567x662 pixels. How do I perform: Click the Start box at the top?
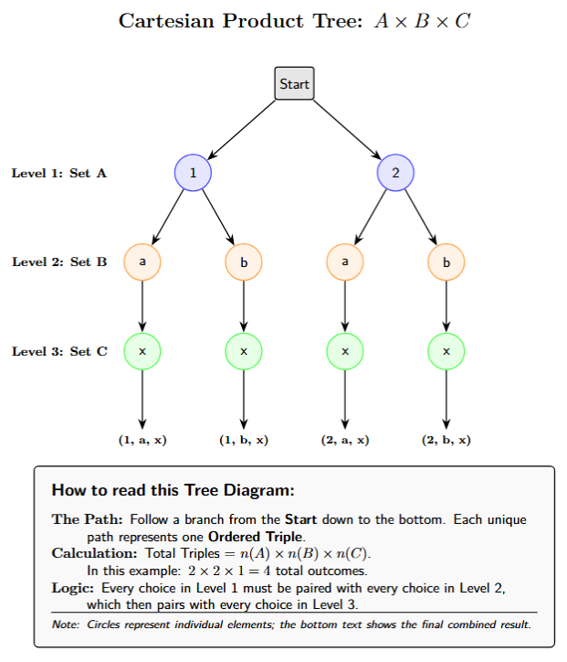pos(294,84)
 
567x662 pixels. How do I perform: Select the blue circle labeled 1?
pos(193,173)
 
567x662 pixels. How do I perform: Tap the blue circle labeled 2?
pos(395,173)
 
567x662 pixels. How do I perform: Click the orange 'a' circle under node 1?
pos(142,262)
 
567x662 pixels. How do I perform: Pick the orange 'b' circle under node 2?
pos(446,262)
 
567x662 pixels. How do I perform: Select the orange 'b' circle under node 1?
pos(244,262)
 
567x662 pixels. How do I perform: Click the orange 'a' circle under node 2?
pos(345,262)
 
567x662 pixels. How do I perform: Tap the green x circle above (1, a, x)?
pos(142,350)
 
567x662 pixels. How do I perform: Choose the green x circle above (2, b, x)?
pos(446,350)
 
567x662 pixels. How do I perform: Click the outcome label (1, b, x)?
pos(244,440)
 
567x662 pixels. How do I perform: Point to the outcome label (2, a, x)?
pos(345,440)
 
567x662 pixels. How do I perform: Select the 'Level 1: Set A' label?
pos(58,173)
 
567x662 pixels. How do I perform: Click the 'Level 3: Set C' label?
pos(58,350)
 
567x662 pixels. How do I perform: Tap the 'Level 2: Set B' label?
pos(58,262)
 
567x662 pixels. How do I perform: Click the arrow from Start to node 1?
pos(243,129)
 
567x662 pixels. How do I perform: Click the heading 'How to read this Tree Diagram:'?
pos(172,490)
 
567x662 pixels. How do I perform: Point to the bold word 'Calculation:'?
pos(95,553)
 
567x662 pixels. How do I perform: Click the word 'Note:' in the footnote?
pos(67,625)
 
